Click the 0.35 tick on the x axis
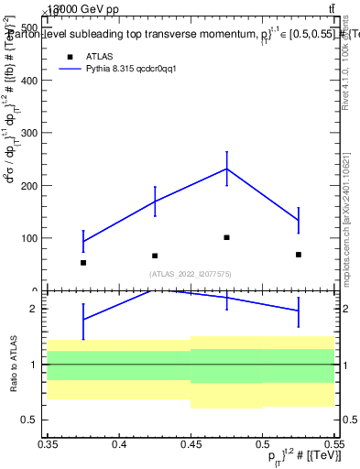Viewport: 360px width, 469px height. (x=48, y=444)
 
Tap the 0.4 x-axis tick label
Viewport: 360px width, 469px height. (x=119, y=444)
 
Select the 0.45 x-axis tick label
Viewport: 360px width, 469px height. (x=191, y=444)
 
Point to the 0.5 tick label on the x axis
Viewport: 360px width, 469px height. (x=262, y=444)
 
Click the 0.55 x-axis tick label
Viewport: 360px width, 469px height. (x=333, y=444)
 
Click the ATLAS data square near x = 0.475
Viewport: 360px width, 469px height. (x=226, y=237)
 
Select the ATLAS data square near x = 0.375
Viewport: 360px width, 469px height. (x=83, y=263)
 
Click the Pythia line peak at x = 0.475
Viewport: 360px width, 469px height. (x=226, y=169)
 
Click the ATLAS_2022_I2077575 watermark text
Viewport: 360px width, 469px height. (x=191, y=274)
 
